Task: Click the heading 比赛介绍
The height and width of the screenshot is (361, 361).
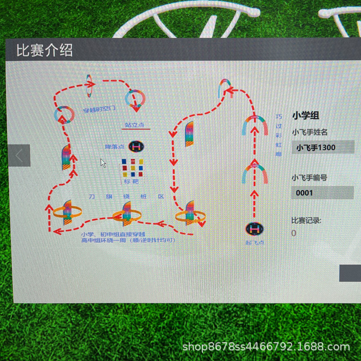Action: pos(44,50)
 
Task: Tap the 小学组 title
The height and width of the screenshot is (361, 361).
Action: pos(306,115)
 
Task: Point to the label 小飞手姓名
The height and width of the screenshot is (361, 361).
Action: pos(309,132)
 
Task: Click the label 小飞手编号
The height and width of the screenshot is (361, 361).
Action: pos(309,178)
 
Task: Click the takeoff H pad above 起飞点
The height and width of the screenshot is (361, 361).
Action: pos(255,229)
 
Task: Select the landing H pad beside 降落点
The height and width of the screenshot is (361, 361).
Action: pos(136,146)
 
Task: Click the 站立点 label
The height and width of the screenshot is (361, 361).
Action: pos(135,125)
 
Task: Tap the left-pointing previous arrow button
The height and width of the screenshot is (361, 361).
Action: pos(19,156)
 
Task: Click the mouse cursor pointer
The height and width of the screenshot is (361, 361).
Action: pos(103,163)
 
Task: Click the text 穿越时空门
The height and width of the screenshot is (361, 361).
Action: pos(99,109)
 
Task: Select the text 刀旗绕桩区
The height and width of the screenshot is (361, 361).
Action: pos(126,197)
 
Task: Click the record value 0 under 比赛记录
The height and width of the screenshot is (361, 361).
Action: pos(294,233)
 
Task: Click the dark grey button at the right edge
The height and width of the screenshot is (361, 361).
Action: pos(350,273)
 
